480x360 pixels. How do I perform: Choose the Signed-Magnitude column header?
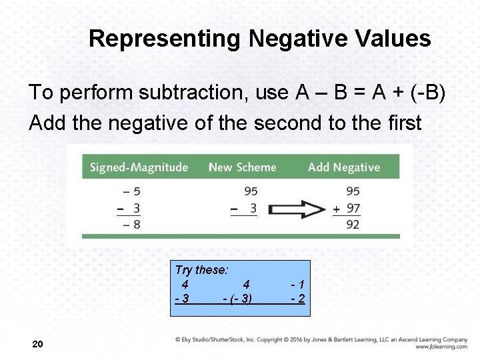pyautogui.click(x=139, y=167)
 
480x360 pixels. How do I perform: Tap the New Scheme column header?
pyautogui.click(x=242, y=167)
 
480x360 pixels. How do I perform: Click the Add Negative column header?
pyautogui.click(x=343, y=167)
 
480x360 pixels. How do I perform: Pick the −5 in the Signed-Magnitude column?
pyautogui.click(x=131, y=191)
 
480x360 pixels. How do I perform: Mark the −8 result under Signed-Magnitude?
pyautogui.click(x=131, y=225)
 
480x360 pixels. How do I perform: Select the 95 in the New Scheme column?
pyautogui.click(x=250, y=191)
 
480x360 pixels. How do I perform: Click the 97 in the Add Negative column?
pyautogui.click(x=353, y=209)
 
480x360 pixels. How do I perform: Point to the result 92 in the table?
pyautogui.click(x=353, y=225)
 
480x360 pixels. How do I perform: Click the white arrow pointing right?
pyautogui.click(x=297, y=209)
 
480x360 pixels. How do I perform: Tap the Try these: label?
pyautogui.click(x=201, y=270)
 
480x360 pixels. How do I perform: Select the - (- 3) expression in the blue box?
pyautogui.click(x=237, y=299)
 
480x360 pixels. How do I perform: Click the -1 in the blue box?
pyautogui.click(x=298, y=284)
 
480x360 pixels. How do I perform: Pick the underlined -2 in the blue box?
pyautogui.click(x=298, y=299)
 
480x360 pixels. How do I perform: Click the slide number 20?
pyautogui.click(x=38, y=344)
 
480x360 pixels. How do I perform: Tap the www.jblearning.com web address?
pyautogui.click(x=441, y=347)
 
